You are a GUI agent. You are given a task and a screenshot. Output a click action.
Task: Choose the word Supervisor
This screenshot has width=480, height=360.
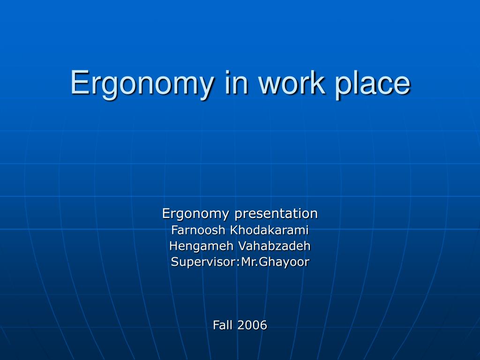click(202, 262)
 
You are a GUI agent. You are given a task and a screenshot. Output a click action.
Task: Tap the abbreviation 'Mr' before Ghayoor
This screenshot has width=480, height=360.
click(247, 262)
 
